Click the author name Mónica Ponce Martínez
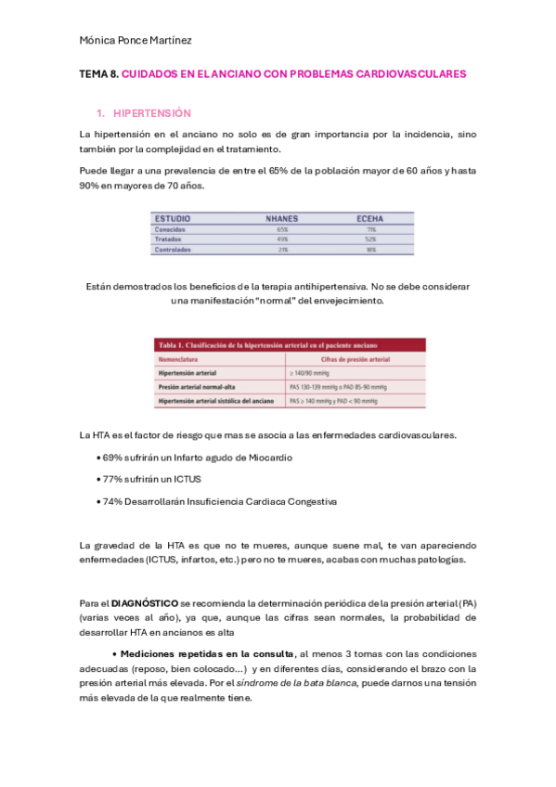pos(136,40)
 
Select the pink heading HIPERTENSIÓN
pos(151,113)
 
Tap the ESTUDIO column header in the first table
pos(174,218)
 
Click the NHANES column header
pos(282,218)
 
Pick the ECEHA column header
pos(370,218)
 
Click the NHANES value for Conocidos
pos(282,228)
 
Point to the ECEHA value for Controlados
pos(370,249)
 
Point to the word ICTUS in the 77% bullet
pos(185,479)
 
